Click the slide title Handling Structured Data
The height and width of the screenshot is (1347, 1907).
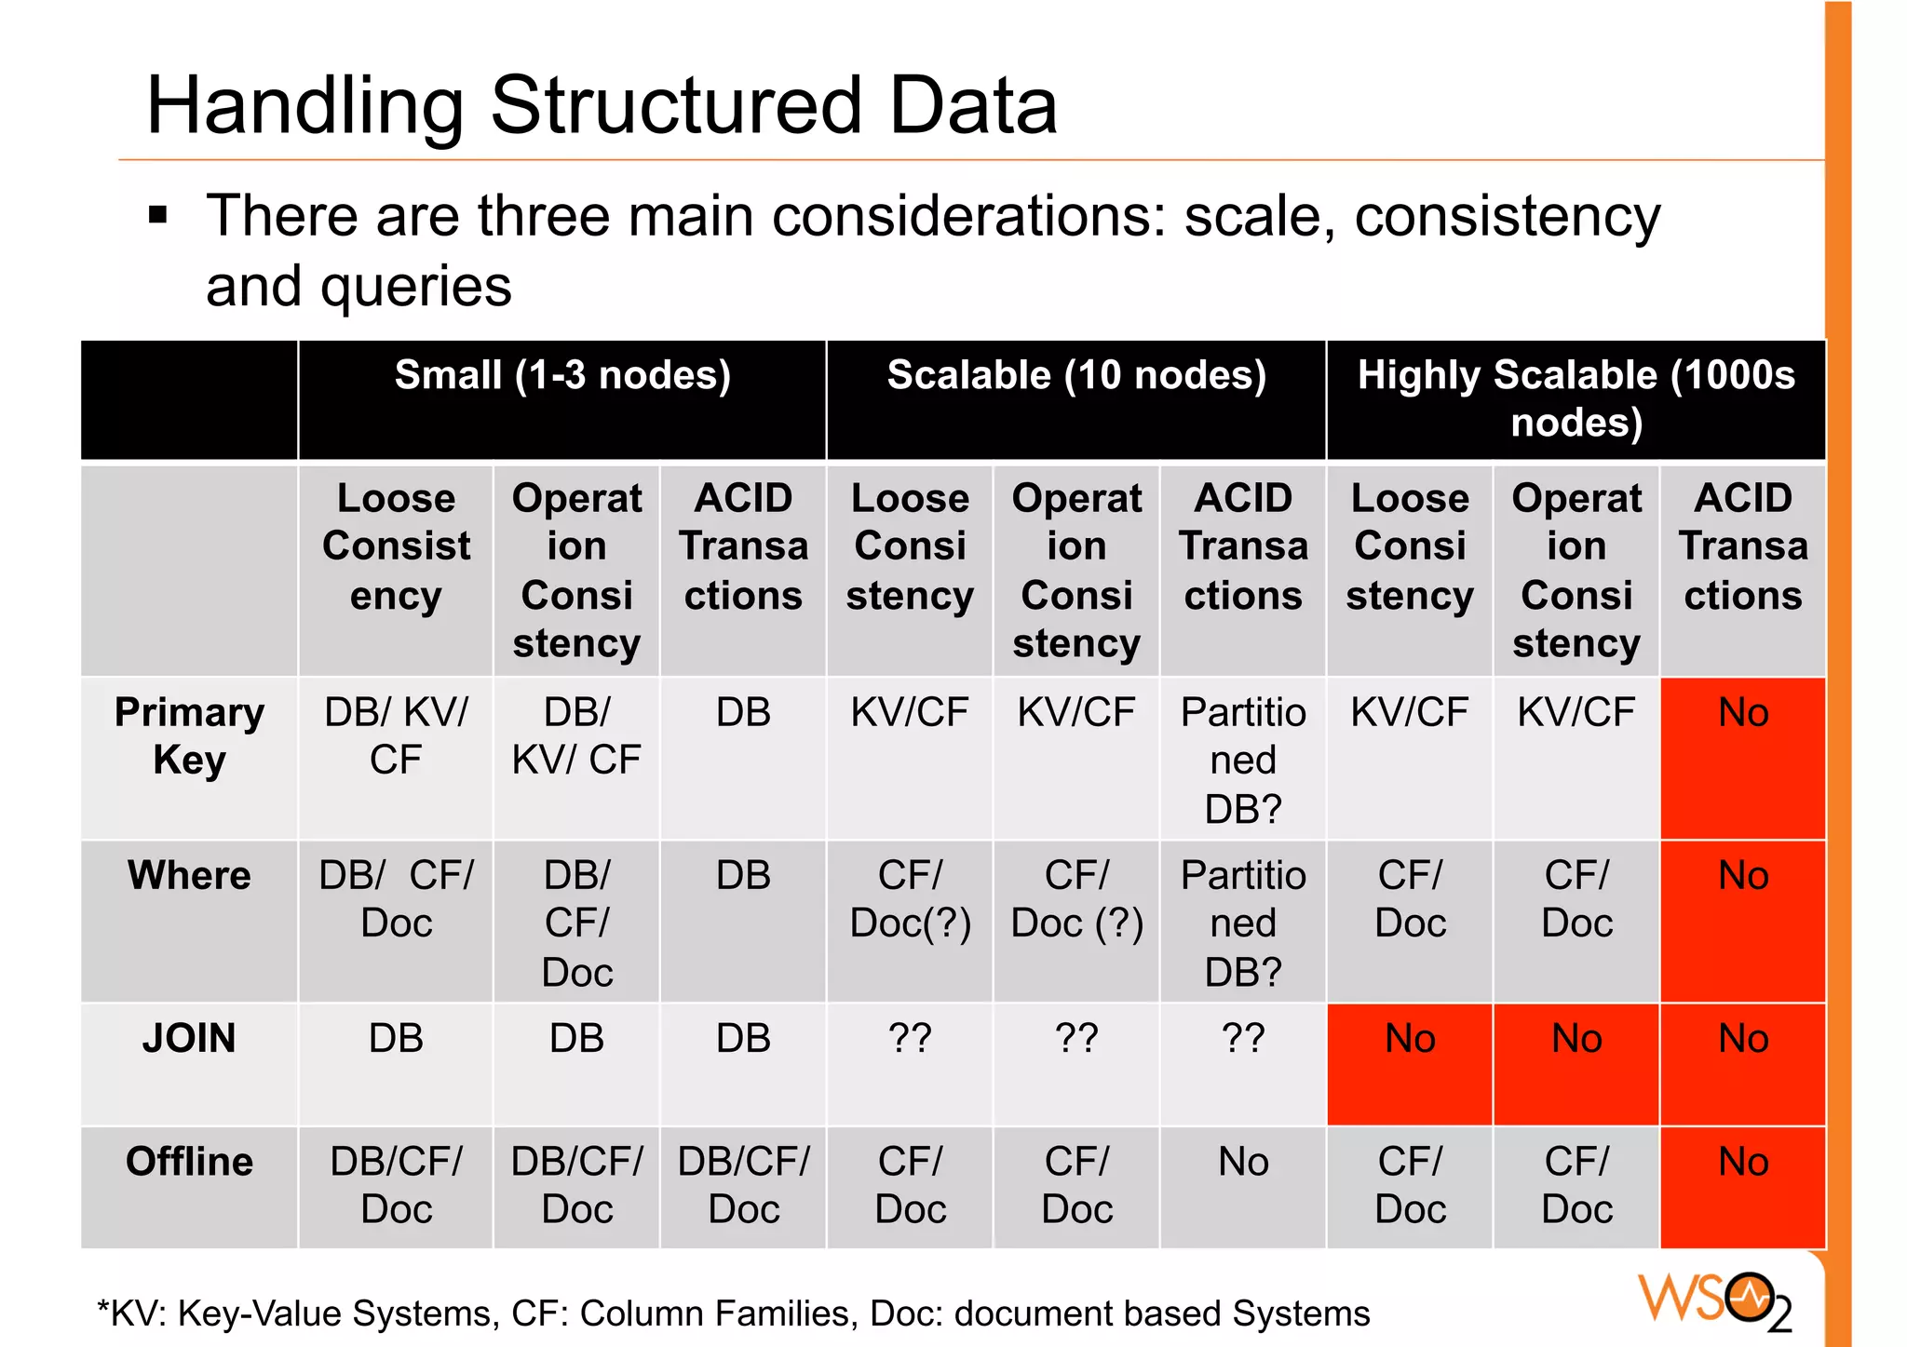point(602,106)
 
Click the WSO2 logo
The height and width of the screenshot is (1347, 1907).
point(1713,1300)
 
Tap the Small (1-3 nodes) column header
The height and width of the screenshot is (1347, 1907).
point(562,376)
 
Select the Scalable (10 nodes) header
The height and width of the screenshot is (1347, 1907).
point(1076,376)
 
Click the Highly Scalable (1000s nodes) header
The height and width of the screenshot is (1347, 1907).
point(1576,398)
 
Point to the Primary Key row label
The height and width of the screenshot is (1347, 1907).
point(189,735)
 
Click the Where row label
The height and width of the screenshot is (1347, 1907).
point(189,875)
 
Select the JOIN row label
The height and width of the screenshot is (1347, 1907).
point(189,1038)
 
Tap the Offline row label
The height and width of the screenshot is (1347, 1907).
point(189,1162)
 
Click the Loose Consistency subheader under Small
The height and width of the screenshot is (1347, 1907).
point(396,546)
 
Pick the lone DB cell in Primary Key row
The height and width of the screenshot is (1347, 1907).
point(743,713)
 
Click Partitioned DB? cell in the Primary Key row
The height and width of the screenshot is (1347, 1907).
point(1243,760)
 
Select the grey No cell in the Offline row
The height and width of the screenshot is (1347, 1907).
point(1243,1163)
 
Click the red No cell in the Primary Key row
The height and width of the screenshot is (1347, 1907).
point(1743,713)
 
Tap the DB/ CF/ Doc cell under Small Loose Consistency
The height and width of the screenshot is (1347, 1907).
point(396,899)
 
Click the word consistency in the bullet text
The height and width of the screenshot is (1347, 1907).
point(1507,217)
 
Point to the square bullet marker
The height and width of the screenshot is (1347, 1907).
point(158,216)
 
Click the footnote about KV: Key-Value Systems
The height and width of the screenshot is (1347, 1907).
point(734,1313)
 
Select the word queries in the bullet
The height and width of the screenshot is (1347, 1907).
point(416,287)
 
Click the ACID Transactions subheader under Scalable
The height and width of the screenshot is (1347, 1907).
point(1243,546)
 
